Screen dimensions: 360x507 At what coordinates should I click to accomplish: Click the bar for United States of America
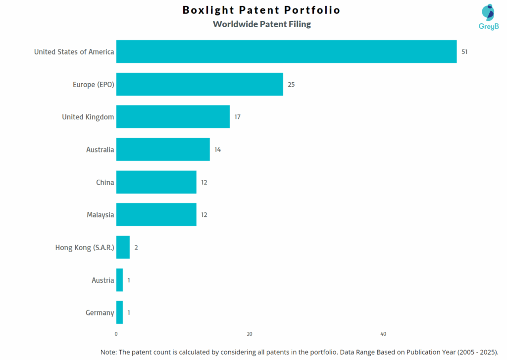(286, 51)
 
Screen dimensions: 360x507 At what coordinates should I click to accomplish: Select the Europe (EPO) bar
(200, 84)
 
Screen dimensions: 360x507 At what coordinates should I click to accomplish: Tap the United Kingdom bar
(173, 117)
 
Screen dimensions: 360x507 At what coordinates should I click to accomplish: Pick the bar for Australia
(163, 150)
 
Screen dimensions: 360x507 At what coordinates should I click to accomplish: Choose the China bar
(156, 182)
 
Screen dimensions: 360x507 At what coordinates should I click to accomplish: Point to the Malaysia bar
(156, 215)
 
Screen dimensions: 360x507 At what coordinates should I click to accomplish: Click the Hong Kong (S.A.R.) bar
(123, 247)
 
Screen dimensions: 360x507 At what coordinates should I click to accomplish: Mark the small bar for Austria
(119, 280)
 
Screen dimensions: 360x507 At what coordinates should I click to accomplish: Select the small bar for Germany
(119, 312)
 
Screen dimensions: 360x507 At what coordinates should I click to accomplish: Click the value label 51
(464, 51)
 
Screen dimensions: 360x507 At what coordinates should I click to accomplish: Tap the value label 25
(291, 84)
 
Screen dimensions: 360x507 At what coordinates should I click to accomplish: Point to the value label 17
(238, 117)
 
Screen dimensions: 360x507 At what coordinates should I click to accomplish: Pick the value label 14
(218, 150)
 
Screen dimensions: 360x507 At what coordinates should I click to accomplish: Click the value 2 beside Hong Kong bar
(136, 247)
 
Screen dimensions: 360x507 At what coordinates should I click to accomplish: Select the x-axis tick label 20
(250, 334)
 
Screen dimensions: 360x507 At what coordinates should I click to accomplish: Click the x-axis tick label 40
(383, 334)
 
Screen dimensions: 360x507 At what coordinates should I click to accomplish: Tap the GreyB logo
(488, 17)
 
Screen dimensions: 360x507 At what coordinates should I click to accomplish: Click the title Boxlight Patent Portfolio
(261, 10)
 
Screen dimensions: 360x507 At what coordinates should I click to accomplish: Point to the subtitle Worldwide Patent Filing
(262, 24)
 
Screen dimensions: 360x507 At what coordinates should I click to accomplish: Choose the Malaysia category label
(100, 215)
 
